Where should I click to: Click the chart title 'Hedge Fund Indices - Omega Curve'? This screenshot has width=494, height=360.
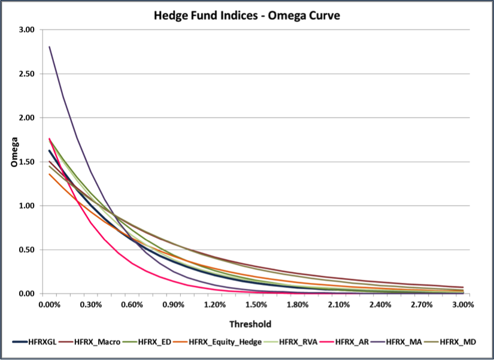[247, 16]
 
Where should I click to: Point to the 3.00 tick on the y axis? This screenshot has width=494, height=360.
[26, 29]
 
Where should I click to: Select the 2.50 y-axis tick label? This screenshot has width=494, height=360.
[26, 74]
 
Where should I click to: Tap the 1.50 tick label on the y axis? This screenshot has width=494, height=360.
[26, 162]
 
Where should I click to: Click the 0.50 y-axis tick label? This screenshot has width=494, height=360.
[26, 250]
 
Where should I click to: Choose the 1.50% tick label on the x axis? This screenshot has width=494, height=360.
[256, 305]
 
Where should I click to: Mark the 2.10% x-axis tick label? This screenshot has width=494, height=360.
[339, 305]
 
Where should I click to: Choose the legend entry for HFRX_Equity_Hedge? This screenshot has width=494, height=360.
[216, 342]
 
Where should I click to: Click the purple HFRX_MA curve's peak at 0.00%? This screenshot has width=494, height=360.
[50, 47]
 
